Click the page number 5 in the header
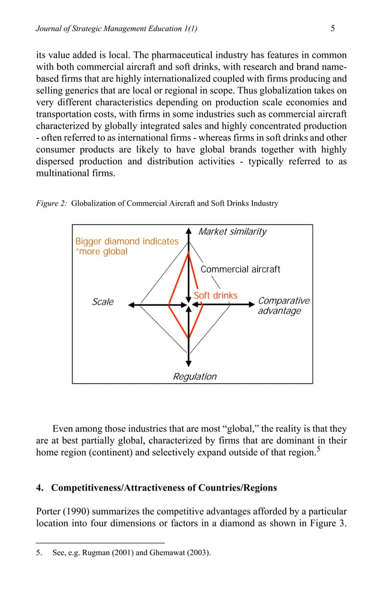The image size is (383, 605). tap(333, 28)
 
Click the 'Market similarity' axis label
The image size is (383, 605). tap(232, 232)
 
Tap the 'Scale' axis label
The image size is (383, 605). tap(103, 302)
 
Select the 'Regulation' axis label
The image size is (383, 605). tap(195, 377)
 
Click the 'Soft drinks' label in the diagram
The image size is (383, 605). tap(216, 296)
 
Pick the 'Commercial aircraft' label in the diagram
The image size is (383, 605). tap(240, 269)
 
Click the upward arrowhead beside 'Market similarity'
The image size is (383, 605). tap(189, 231)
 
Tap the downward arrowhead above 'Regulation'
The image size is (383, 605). tap(189, 363)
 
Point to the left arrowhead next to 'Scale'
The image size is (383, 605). tap(132, 305)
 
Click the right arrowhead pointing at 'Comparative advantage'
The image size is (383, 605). tap(252, 305)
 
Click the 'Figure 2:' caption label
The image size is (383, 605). tap(52, 203)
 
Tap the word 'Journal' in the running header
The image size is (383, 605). tap(49, 29)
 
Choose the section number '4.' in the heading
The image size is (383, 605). tap(40, 487)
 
